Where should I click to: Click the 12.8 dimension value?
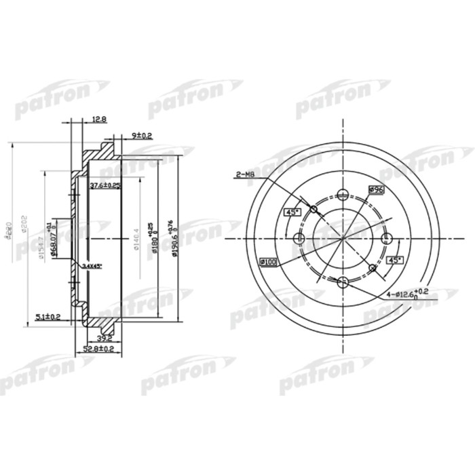pyautogui.click(x=99, y=119)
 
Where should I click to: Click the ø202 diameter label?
pyautogui.click(x=24, y=222)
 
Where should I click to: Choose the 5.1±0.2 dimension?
pyautogui.click(x=48, y=316)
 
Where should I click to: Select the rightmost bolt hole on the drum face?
pyautogui.click(x=387, y=238)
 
